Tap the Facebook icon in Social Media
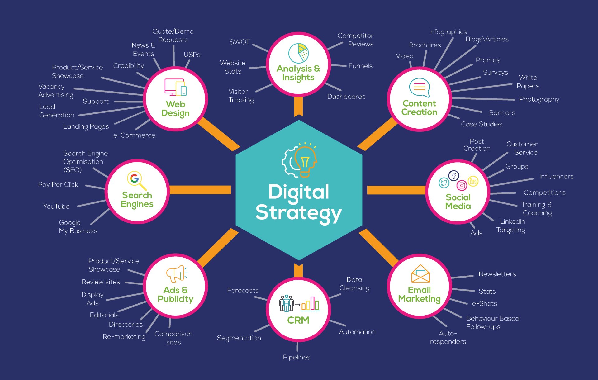tap(454, 176)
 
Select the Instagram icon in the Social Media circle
tap(462, 186)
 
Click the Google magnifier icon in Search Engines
tap(136, 180)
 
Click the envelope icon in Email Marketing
tap(420, 274)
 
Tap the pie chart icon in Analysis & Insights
tap(298, 53)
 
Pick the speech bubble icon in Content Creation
tap(419, 87)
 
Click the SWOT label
tap(240, 42)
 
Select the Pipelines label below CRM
tap(297, 357)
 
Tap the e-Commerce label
tap(134, 135)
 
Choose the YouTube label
tap(56, 207)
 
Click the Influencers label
tap(556, 177)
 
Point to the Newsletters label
tap(497, 274)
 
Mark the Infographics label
tap(448, 32)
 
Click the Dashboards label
tap(346, 97)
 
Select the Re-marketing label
tap(124, 337)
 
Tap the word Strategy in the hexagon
tap(298, 213)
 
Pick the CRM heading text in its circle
tap(298, 320)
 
